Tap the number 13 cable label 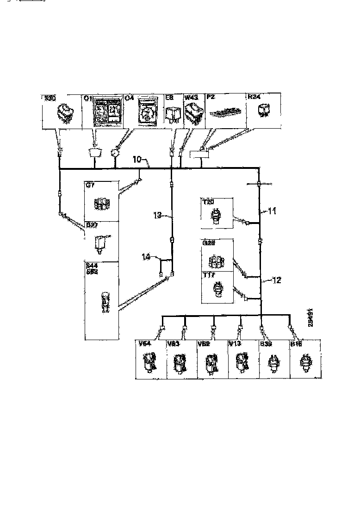[x=157, y=214]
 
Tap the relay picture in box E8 [x=173, y=112]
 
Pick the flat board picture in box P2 [x=224, y=113]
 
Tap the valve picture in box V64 [x=150, y=361]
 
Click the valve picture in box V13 [x=242, y=361]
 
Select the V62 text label [x=204, y=344]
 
